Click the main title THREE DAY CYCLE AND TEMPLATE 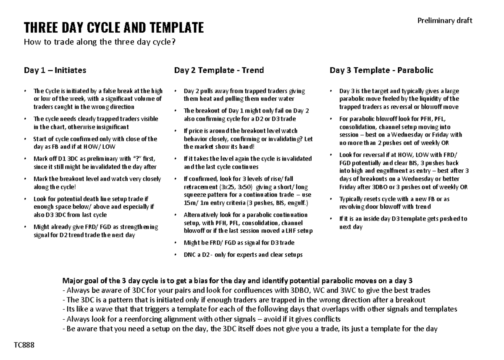tap(114, 28)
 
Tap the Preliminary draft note tap(444, 21)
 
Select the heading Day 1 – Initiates tap(55, 70)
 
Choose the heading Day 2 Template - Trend tap(219, 70)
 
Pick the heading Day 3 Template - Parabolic tap(381, 70)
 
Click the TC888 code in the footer tap(24, 345)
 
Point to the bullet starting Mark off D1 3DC tap(94, 163)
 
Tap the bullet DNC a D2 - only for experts tap(243, 255)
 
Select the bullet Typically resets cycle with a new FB tap(394, 202)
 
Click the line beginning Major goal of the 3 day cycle tap(237, 281)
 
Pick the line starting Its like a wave tap(259, 309)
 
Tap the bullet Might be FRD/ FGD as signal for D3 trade tap(239, 242)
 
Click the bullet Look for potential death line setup tap(94, 207)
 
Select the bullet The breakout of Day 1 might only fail tap(246, 115)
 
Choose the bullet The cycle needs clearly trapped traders tap(95, 123)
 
